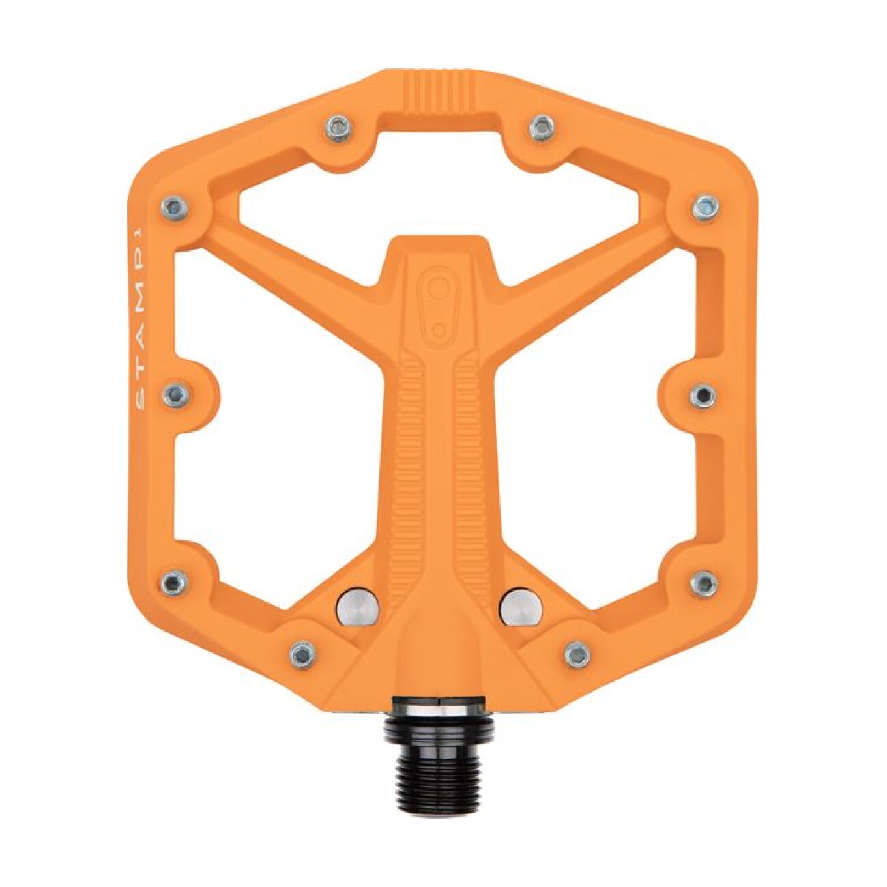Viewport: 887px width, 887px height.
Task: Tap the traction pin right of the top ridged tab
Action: click(x=541, y=126)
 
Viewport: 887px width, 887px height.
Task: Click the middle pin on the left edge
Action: click(x=176, y=393)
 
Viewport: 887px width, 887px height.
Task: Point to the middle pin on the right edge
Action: click(x=703, y=394)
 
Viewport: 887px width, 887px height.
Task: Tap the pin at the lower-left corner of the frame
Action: click(x=175, y=582)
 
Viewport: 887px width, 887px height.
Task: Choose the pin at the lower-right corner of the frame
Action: click(x=705, y=582)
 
